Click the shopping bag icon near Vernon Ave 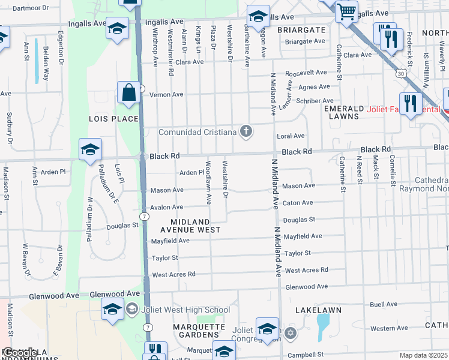(128, 93)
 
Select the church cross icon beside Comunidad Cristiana (246, 131)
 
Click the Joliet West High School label (185, 310)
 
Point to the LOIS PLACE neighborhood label (114, 119)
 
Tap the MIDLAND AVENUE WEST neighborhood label (190, 225)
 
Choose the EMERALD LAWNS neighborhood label (352, 112)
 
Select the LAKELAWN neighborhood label (318, 310)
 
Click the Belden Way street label (46, 65)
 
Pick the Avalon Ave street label (166, 207)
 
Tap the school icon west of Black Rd (90, 151)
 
